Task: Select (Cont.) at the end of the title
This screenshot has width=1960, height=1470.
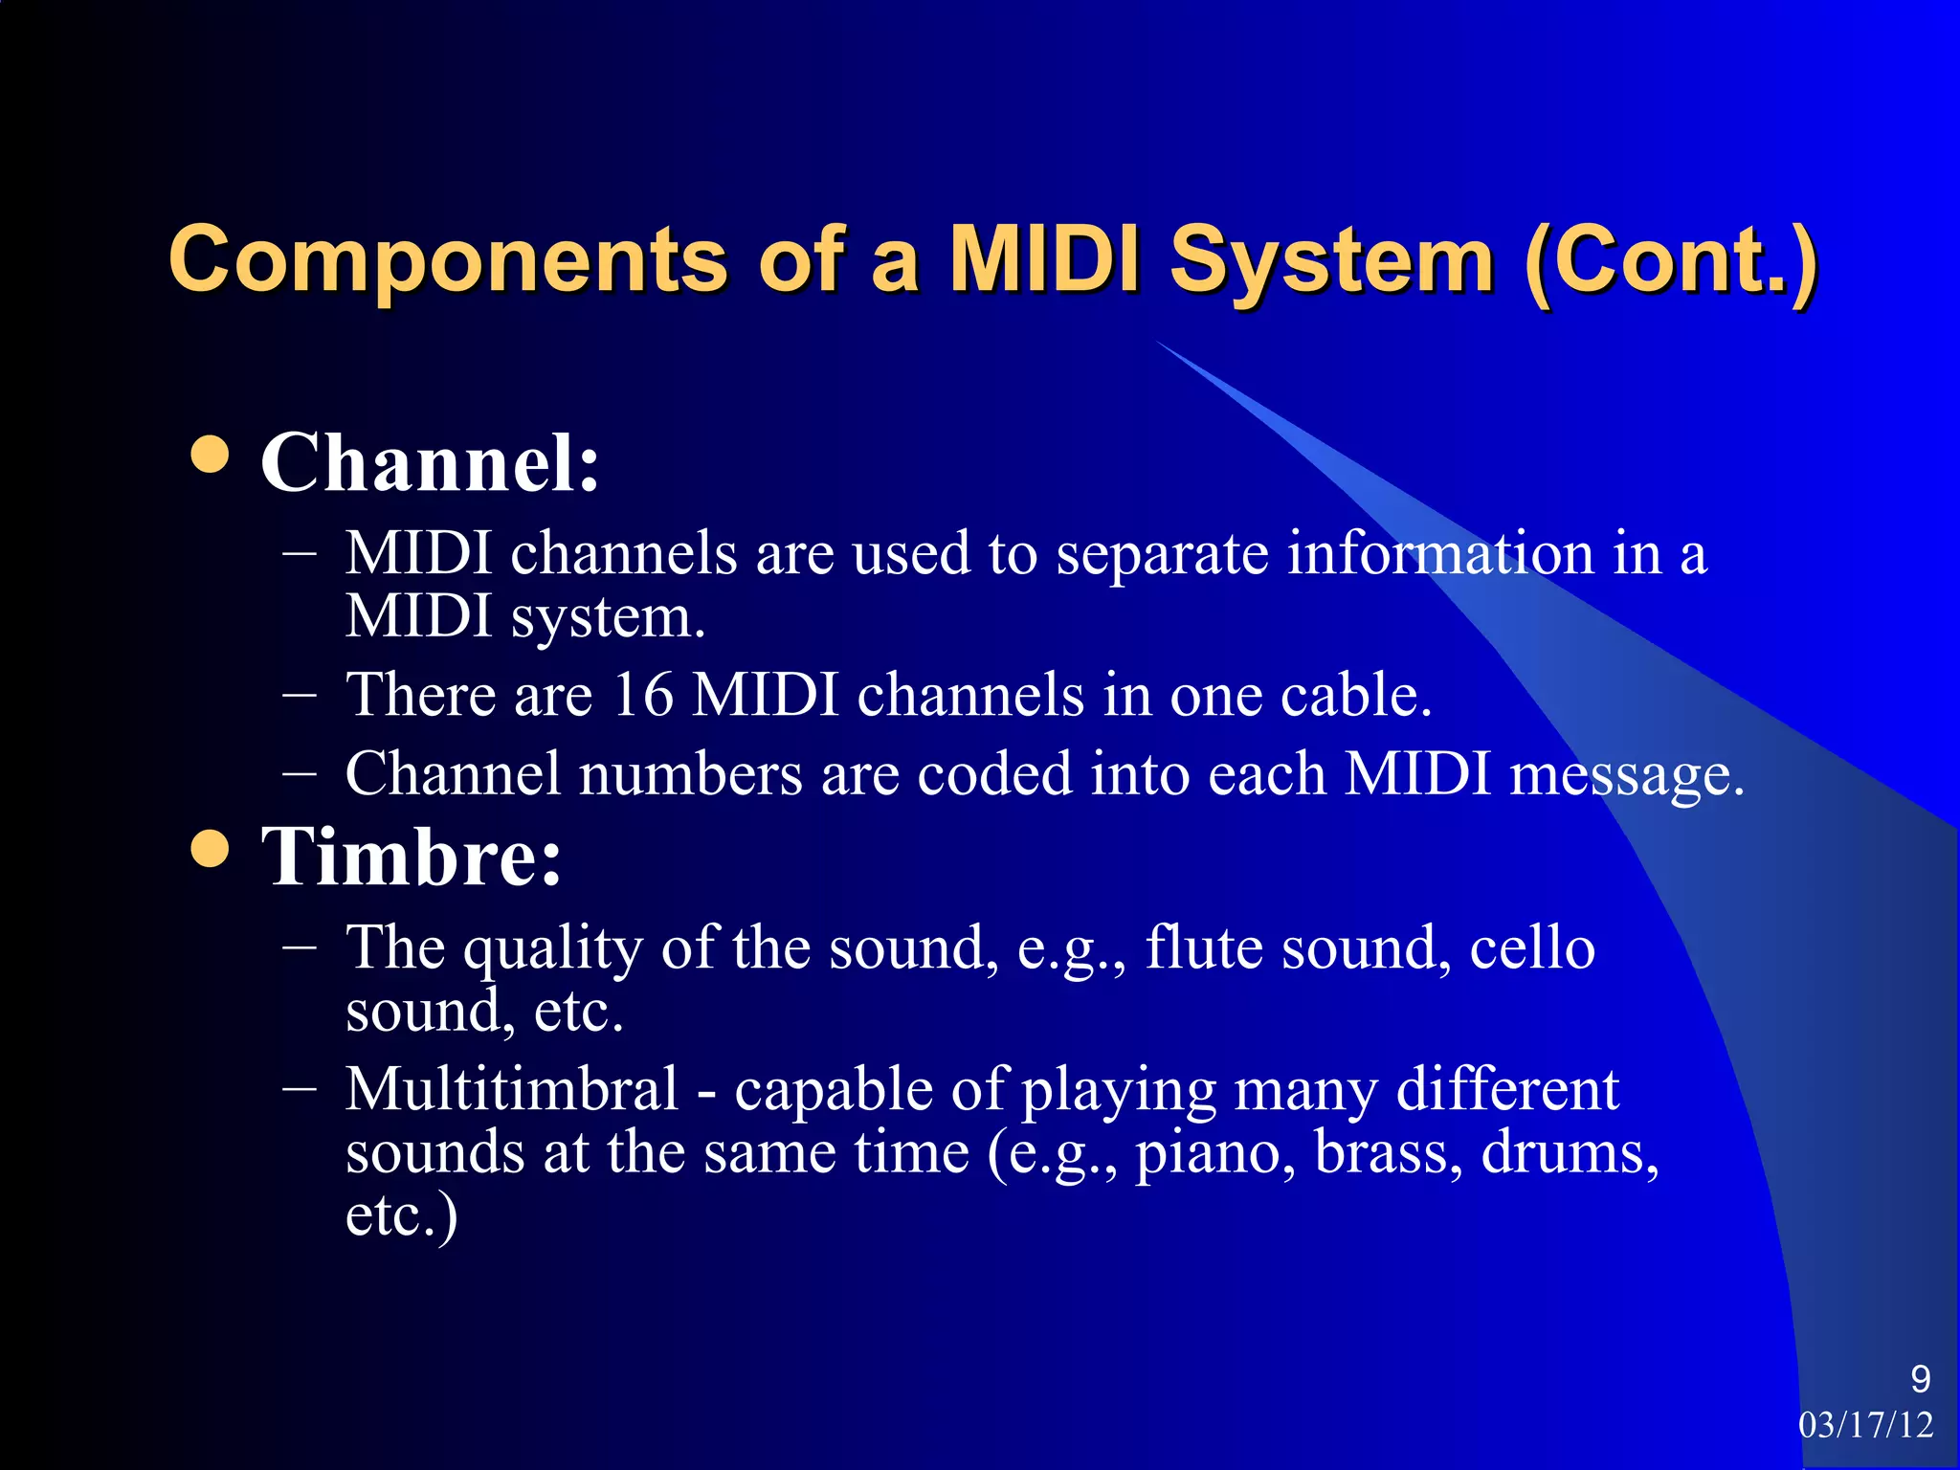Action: [x=1670, y=260]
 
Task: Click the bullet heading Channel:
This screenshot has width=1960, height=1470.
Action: [x=430, y=463]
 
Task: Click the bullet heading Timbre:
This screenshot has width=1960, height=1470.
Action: [x=412, y=857]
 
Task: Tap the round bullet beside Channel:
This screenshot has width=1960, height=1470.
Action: [x=210, y=456]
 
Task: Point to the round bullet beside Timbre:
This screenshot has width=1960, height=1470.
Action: [x=210, y=848]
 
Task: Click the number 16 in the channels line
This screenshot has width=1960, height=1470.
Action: [x=642, y=695]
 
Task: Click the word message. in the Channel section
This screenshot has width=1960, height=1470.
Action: [x=1627, y=774]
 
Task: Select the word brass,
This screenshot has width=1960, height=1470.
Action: [x=1389, y=1153]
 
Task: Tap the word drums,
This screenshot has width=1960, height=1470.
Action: [x=1570, y=1153]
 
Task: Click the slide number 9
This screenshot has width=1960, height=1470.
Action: [x=1920, y=1379]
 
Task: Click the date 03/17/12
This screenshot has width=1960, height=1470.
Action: [x=1865, y=1425]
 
